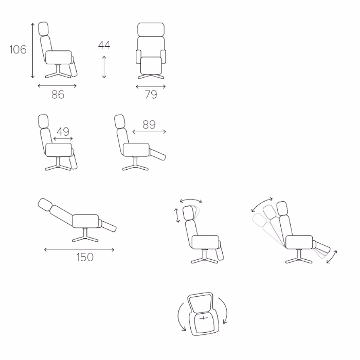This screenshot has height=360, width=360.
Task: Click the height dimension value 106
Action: [x=18, y=49]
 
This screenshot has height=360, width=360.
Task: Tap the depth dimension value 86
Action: [x=58, y=94]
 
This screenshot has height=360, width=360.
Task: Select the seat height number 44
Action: [x=104, y=45]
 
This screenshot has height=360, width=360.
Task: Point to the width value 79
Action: [x=151, y=94]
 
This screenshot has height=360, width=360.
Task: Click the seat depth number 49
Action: [x=63, y=132]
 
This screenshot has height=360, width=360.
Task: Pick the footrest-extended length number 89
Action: [x=149, y=124]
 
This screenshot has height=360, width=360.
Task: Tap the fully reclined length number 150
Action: [x=85, y=257]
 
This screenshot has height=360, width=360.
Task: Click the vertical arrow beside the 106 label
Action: [x=32, y=50]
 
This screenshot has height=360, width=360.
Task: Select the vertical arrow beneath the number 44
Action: [x=104, y=67]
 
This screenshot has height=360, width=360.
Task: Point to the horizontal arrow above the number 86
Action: [x=57, y=86]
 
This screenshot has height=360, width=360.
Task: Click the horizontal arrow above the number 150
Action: [x=79, y=249]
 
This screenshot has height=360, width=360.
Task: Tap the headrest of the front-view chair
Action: [x=151, y=29]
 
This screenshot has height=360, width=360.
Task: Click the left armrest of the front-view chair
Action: [x=138, y=57]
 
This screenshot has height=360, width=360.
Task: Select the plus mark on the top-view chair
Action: [x=204, y=318]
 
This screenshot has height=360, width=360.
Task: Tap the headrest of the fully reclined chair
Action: [x=45, y=205]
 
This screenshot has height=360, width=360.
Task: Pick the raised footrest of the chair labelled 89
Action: [x=158, y=155]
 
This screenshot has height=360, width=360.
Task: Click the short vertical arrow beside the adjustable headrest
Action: [x=177, y=215]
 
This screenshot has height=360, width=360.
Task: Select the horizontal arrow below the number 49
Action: [x=63, y=138]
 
